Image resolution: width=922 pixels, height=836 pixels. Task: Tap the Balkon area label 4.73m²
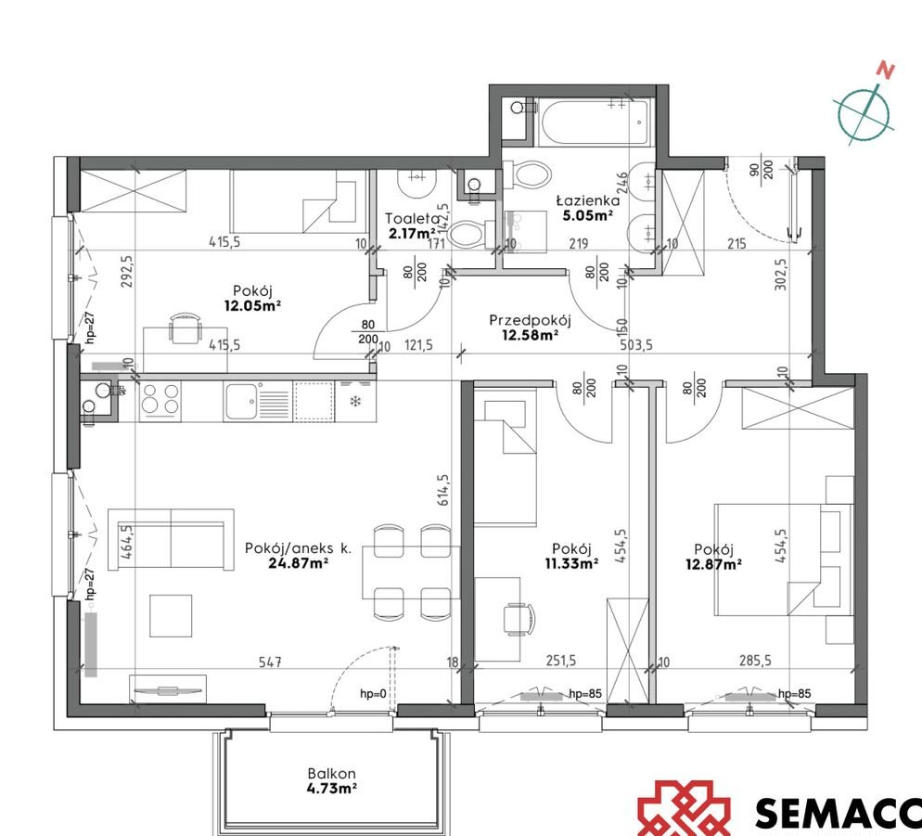click(332, 789)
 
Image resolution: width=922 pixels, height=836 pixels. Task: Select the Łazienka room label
click(587, 199)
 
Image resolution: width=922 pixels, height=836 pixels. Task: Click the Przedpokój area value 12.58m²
click(530, 336)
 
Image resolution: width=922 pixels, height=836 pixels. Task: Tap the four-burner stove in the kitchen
click(160, 402)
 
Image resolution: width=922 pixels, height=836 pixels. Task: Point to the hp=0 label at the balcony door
click(375, 693)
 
